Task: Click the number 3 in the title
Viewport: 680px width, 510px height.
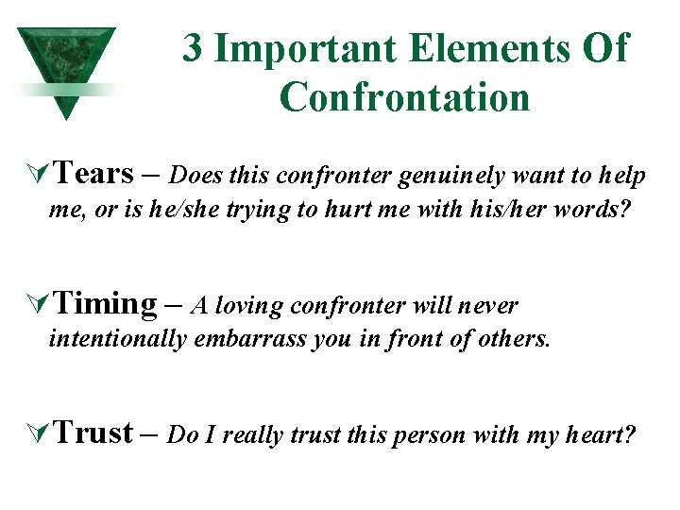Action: click(193, 47)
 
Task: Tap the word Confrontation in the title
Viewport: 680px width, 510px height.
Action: click(404, 96)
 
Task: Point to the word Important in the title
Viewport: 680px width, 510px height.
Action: click(301, 47)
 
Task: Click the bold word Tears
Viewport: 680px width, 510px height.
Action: click(93, 174)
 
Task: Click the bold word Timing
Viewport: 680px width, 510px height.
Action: click(105, 303)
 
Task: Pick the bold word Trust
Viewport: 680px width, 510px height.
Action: click(93, 433)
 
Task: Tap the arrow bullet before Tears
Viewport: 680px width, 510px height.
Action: click(39, 175)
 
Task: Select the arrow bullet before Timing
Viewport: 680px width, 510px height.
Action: click(39, 304)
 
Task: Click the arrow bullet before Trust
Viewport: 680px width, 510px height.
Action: click(39, 433)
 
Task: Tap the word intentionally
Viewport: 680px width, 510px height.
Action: click(117, 339)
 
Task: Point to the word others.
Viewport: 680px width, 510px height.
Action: click(512, 339)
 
